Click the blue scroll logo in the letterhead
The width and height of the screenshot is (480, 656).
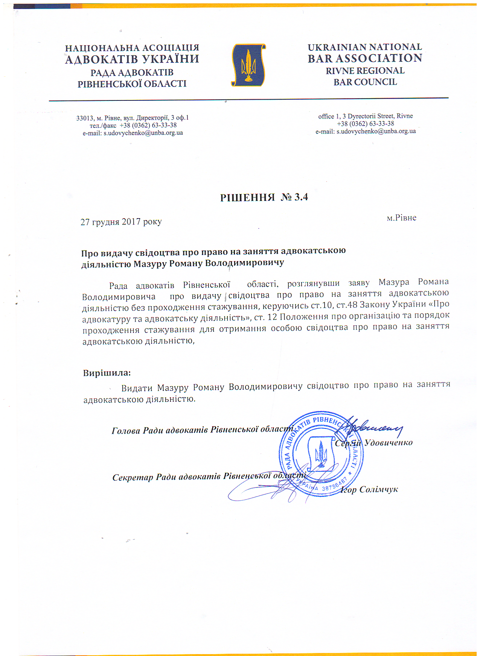pos(248,65)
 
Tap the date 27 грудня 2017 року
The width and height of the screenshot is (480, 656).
pos(121,222)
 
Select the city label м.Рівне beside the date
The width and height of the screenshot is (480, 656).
pos(401,218)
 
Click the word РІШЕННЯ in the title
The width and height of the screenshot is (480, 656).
pos(247,197)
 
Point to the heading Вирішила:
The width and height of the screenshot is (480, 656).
pos(107,373)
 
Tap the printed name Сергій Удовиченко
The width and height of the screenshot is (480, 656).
pos(373,443)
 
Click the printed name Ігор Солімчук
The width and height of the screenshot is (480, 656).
pos(369,489)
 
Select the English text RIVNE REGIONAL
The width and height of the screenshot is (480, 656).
pos(365,71)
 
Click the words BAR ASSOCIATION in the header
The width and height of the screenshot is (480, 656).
pos(365,58)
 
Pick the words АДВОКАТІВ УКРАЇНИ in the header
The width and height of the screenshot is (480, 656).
pos(132,59)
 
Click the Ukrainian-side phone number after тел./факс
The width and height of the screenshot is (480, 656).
pos(148,125)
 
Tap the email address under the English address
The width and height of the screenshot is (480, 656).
pos(376,131)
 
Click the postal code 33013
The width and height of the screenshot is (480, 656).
pos(84,118)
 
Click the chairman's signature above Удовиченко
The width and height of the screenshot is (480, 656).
pos(373,427)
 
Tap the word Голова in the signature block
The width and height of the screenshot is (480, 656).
pos(125,430)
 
